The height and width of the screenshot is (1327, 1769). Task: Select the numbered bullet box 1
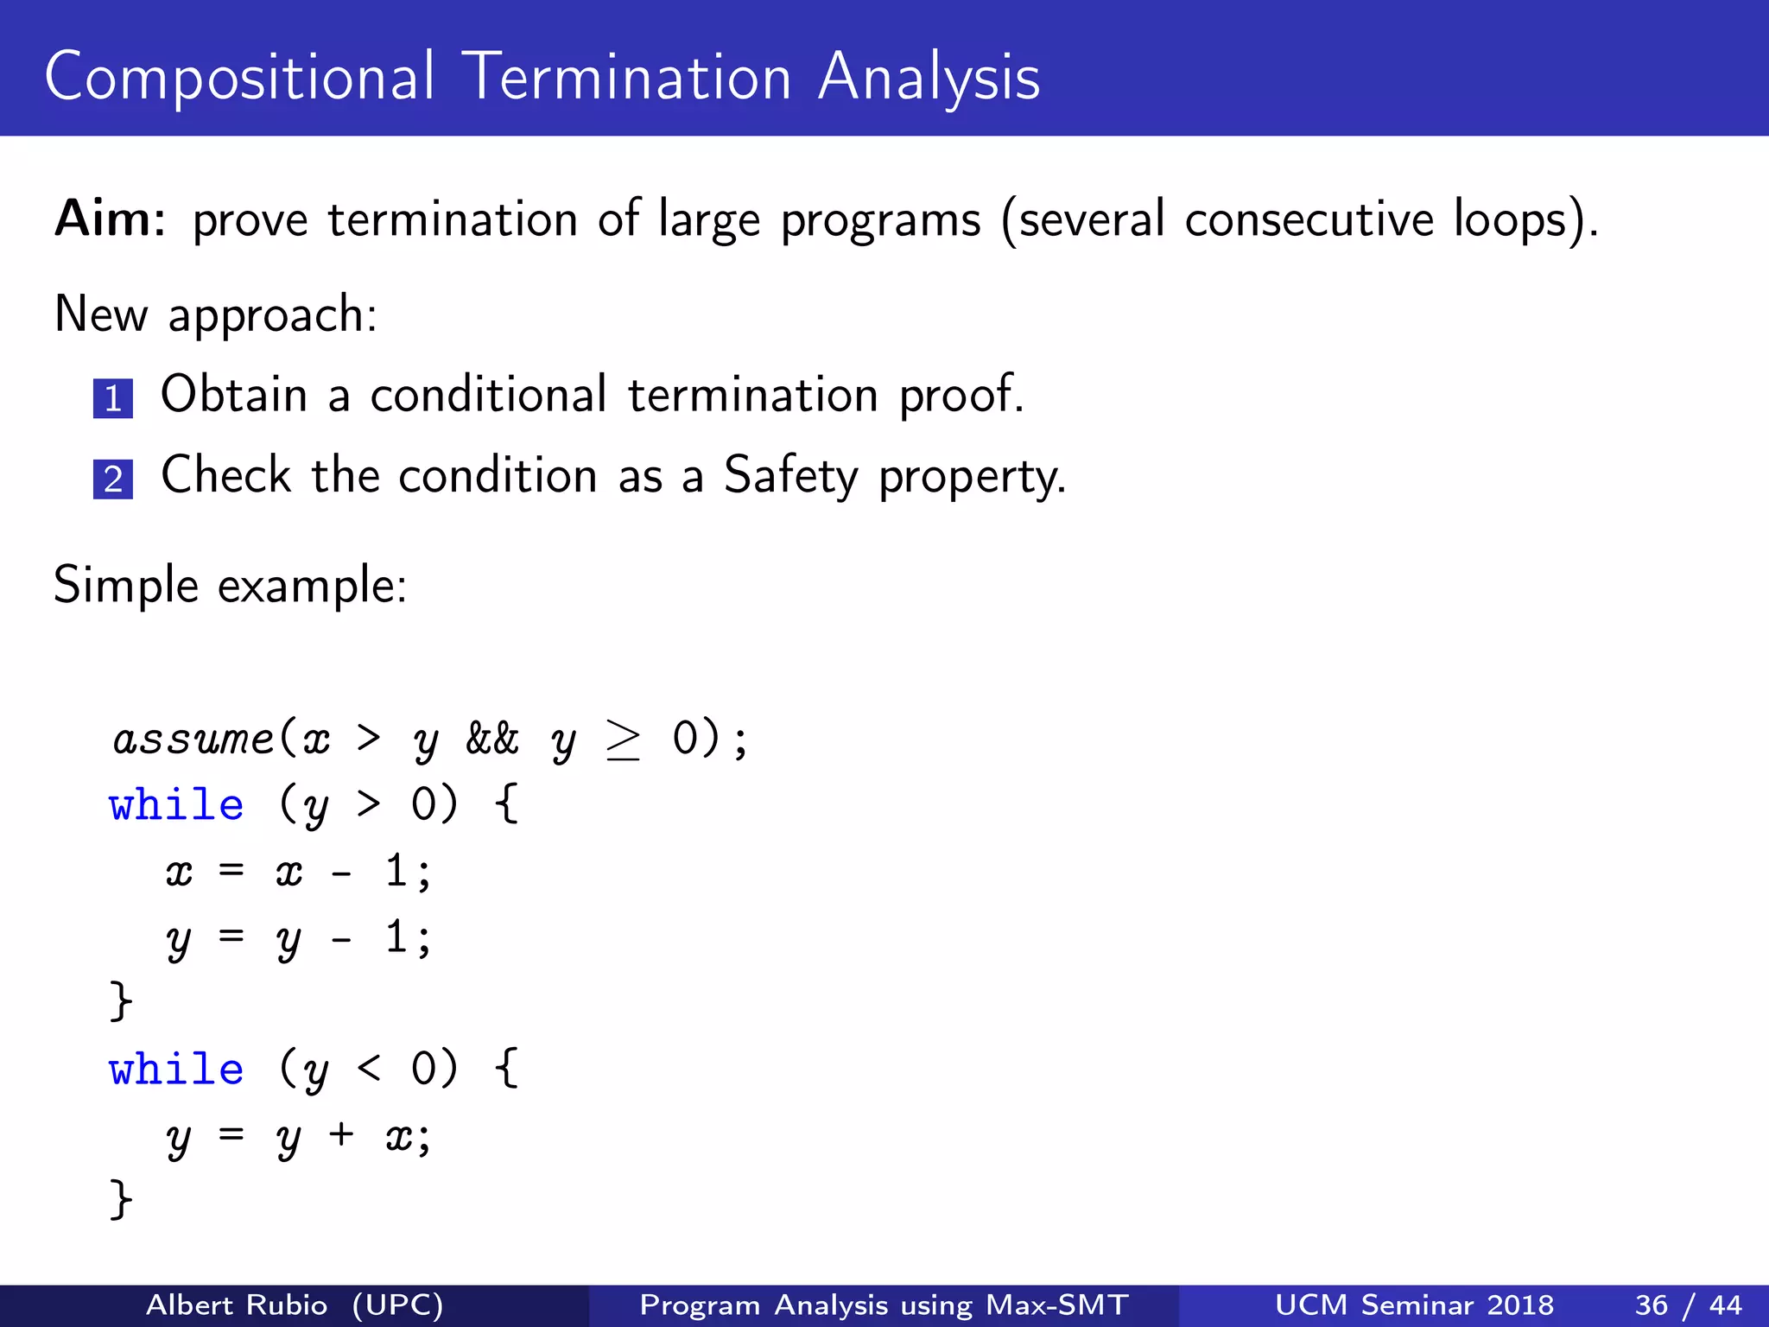coord(113,398)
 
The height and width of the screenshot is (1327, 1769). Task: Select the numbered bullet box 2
coord(113,479)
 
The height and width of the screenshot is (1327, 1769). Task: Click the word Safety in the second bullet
coord(790,476)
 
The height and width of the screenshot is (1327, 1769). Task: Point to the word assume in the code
coord(193,740)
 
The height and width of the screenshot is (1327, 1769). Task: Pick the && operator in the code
coord(491,740)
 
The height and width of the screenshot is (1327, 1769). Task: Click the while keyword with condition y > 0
coord(176,805)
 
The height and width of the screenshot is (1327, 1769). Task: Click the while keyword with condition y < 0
coord(176,1070)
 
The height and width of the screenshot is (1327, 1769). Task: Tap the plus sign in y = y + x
coord(341,1134)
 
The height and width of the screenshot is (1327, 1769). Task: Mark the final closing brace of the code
coord(121,1199)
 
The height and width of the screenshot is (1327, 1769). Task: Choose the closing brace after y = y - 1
coord(121,1001)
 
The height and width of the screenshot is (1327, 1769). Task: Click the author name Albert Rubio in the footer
coord(237,1305)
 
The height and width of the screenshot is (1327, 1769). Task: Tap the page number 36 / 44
coord(1688,1305)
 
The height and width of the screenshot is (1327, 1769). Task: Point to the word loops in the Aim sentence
coord(1509,219)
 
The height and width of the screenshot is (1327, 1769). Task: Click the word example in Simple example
coord(311,587)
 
